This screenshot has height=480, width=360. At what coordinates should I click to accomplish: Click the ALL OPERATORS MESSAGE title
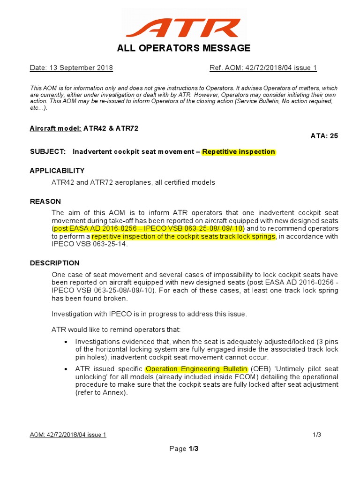(183, 48)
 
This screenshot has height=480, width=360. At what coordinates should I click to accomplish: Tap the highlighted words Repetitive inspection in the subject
(239, 151)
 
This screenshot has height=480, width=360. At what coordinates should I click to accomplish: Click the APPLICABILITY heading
(57, 171)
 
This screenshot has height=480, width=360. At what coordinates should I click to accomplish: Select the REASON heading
(45, 202)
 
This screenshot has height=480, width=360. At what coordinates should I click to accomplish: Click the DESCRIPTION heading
(55, 263)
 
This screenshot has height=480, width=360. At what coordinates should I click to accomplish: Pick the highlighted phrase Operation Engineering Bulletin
(196, 369)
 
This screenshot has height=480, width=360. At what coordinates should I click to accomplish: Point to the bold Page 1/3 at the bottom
(184, 449)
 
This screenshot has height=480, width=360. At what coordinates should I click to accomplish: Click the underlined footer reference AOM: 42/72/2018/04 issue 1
(68, 435)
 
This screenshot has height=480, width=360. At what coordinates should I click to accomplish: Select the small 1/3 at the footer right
(317, 435)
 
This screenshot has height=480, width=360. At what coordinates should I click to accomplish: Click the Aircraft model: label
(56, 128)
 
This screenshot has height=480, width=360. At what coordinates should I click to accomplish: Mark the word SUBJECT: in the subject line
(47, 151)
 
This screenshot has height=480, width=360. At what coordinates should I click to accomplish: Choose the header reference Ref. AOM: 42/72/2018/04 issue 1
(263, 68)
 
